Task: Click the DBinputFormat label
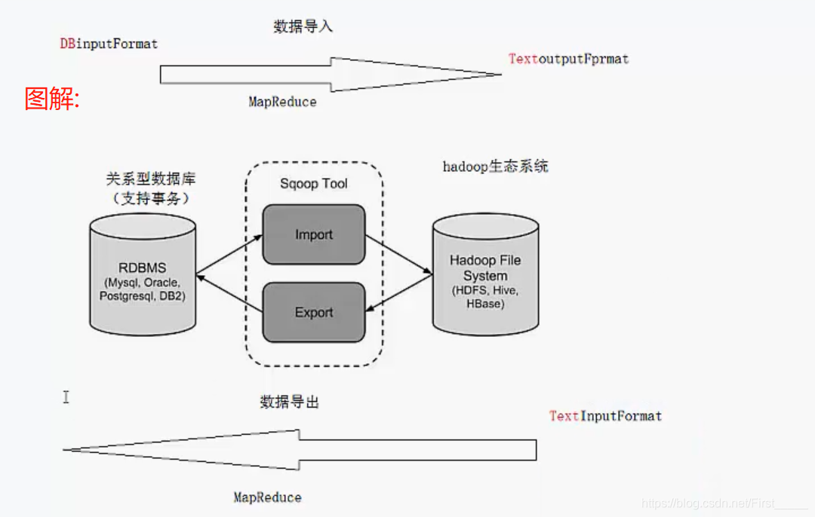click(x=109, y=44)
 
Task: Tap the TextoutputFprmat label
click(x=568, y=59)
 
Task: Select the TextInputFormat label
click(x=605, y=416)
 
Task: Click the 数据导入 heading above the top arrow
click(x=303, y=27)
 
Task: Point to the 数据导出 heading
click(x=290, y=402)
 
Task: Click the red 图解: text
click(x=52, y=99)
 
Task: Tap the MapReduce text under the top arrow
click(x=282, y=102)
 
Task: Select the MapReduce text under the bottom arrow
click(x=267, y=497)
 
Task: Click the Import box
click(x=314, y=234)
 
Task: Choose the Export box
click(x=314, y=312)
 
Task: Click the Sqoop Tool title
click(x=314, y=184)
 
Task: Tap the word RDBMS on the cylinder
click(x=142, y=268)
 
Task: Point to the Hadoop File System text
click(x=485, y=268)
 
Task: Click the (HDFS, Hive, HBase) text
click(x=485, y=297)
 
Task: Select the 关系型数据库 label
click(x=149, y=180)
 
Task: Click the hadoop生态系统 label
click(x=495, y=167)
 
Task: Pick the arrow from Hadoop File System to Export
click(x=398, y=292)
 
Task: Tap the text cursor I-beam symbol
click(x=66, y=396)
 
